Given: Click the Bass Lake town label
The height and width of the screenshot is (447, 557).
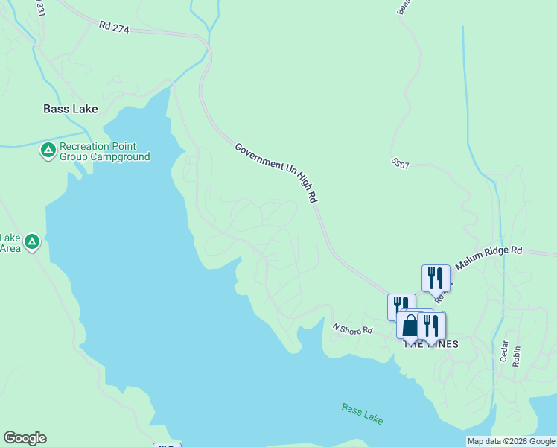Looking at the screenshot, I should pos(70,109).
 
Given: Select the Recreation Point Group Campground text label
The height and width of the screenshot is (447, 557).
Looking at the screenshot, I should pos(104,152).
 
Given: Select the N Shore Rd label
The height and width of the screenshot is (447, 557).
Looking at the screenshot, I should pos(351,328).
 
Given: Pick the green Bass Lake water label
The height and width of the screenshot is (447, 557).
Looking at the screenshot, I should pos(363,413).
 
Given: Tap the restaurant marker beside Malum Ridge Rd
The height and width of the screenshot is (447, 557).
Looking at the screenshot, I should pos(436,278).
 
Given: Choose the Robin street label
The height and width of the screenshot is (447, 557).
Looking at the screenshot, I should pos(517,354).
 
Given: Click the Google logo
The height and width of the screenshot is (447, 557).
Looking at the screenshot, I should pos(25,438).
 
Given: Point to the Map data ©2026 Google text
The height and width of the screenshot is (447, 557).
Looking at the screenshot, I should pos(511,441).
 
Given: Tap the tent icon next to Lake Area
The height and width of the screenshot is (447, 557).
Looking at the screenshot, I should pos(31,242).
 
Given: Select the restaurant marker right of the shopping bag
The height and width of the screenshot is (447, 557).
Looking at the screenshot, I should pos(431,325).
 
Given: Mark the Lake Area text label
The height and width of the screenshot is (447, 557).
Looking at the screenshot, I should pos(10,243).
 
